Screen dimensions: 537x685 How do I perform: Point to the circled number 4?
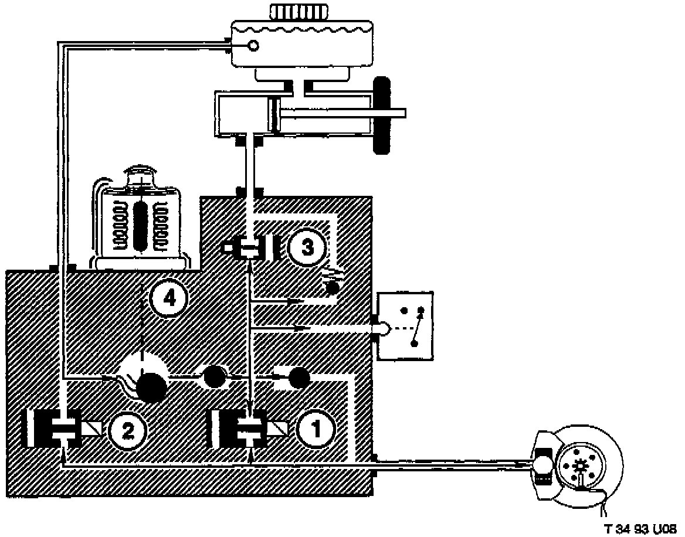coord(169,299)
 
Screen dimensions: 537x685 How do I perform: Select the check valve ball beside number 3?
coord(333,287)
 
